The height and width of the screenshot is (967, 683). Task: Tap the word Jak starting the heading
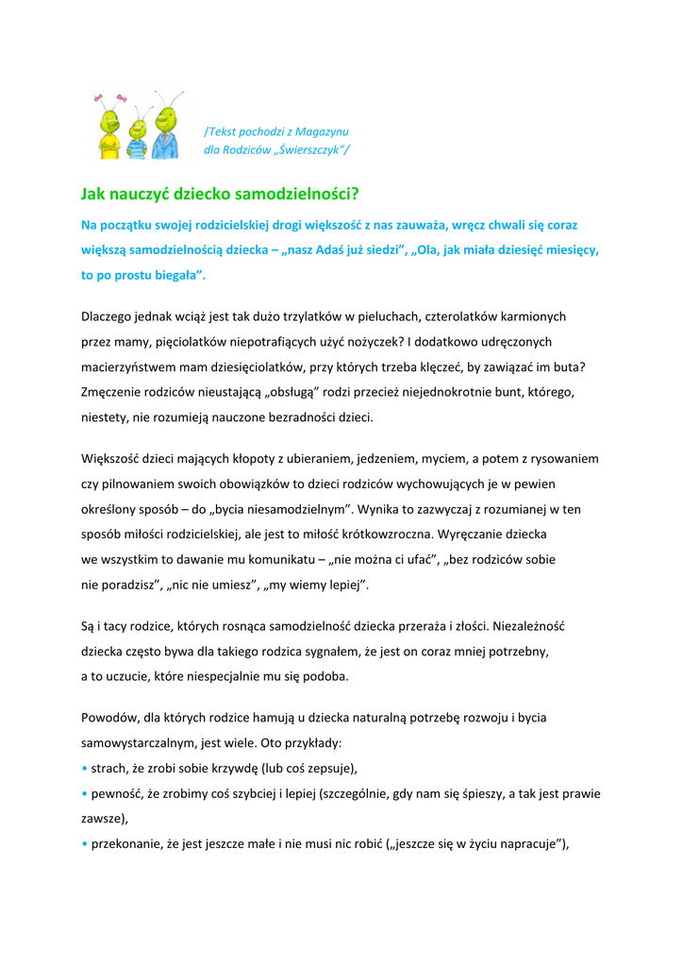tap(92, 195)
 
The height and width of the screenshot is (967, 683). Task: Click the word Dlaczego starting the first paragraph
tap(108, 316)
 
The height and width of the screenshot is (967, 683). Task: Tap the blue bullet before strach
tap(84, 768)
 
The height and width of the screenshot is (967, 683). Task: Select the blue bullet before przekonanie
tap(84, 843)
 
